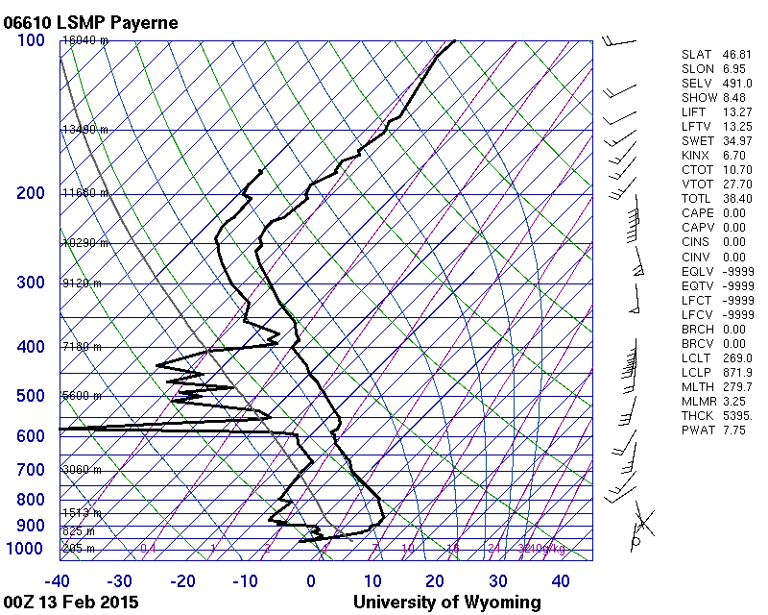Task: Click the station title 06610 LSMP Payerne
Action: pos(90,21)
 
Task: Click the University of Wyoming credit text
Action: pos(446,603)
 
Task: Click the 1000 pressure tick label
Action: pos(27,549)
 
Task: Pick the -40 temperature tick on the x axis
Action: pos(59,580)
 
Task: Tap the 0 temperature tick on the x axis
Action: pos(311,580)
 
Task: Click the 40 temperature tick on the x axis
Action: pos(560,580)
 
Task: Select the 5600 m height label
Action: pos(82,396)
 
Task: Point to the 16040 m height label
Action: pos(85,40)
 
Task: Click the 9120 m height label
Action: pos(82,283)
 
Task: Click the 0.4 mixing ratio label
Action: pos(148,549)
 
